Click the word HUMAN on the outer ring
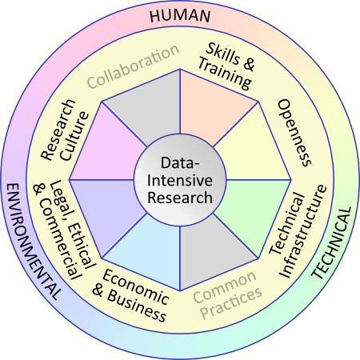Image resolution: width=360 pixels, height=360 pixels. coord(180,16)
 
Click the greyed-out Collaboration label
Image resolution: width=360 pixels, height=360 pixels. coord(134,66)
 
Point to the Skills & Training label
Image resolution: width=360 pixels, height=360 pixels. coord(226,66)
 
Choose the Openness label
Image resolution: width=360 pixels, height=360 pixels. coord(294,133)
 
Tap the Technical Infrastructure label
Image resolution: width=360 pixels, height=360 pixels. coord(298,231)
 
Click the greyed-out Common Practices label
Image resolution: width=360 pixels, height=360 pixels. coord(228,294)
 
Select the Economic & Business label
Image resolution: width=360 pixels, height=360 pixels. coord(130,295)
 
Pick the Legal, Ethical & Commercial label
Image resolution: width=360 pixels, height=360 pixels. coord(64,230)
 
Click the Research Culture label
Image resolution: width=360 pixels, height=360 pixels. coord(65,130)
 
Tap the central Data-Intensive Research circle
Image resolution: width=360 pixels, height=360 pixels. coord(180,180)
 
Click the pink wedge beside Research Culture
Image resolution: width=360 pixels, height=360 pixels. coord(106,150)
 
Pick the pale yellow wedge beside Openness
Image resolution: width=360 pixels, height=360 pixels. coord(254,150)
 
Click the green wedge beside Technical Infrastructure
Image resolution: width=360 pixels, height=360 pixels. coord(254,210)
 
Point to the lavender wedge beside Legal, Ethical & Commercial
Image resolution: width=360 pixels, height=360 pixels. coord(106,210)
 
